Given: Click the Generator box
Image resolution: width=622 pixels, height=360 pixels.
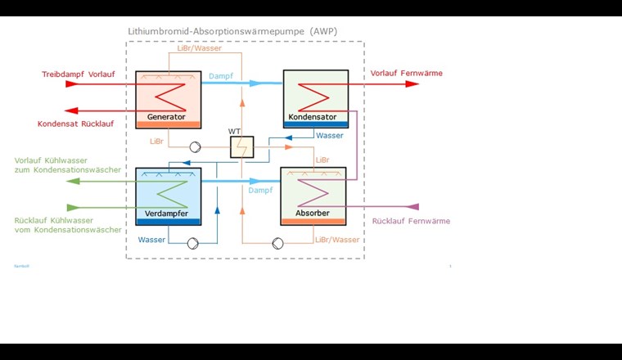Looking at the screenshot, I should coord(169,98).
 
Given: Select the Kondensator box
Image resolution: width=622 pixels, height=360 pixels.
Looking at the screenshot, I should coord(316,98).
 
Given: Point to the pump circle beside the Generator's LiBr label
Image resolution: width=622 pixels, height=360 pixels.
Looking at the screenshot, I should coord(195,148).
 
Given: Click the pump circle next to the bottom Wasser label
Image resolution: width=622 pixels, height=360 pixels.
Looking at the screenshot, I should coord(192,243).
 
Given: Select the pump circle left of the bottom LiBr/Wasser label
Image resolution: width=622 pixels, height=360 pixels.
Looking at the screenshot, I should coord(278,243).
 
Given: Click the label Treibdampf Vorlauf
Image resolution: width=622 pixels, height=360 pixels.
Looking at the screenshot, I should coord(78,75).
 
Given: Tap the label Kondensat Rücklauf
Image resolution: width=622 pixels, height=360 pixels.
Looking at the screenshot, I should coord(75,124).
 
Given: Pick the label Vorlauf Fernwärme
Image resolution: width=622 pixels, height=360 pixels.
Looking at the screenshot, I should coord(406,73).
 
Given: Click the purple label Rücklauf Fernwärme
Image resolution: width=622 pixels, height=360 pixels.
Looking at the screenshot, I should coord(411,221).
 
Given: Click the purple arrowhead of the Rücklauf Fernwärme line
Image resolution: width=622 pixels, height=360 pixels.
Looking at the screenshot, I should coord(413,206).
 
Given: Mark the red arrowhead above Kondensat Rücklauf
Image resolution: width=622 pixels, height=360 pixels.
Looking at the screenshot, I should coord(72,110).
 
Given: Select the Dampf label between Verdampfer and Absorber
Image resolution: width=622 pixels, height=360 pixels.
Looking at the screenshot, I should coord(261,189).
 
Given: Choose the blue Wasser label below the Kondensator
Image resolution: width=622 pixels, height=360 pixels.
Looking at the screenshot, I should coord(330,136).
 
